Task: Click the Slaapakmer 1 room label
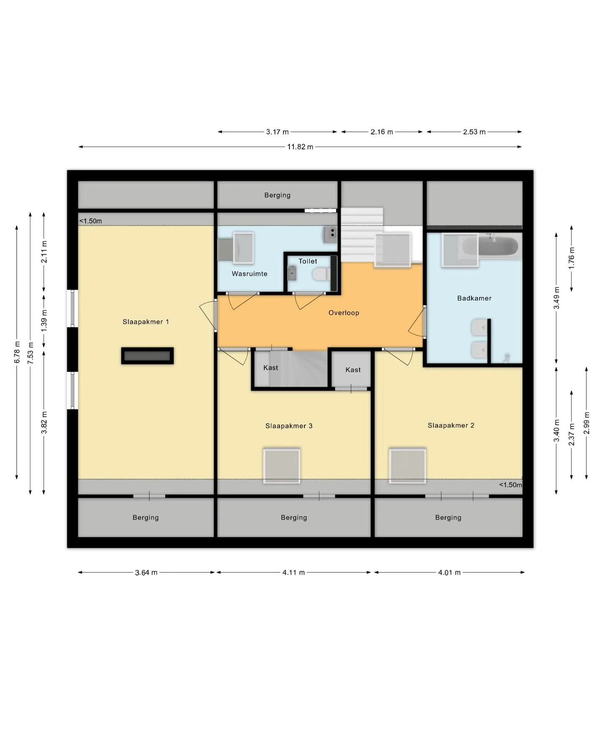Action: coord(146,322)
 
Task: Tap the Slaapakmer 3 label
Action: coord(289,426)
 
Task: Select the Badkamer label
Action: coord(474,298)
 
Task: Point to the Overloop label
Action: coord(344,313)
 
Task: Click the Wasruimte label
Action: coord(250,274)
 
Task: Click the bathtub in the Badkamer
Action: coord(498,247)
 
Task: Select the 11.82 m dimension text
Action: coord(300,147)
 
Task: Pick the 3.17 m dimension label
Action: coord(277,132)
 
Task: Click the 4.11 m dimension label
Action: coord(294,572)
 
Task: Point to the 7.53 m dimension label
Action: coord(30,353)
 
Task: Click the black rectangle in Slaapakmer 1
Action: coord(147,356)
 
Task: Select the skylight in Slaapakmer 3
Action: coord(281,465)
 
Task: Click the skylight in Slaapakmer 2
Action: coord(407,465)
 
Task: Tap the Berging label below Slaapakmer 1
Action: coord(146,518)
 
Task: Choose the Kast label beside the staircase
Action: coord(271,368)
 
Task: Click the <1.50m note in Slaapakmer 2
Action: coord(510,485)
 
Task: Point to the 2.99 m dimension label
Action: coord(586,423)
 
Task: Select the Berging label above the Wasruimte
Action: coord(277,195)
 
